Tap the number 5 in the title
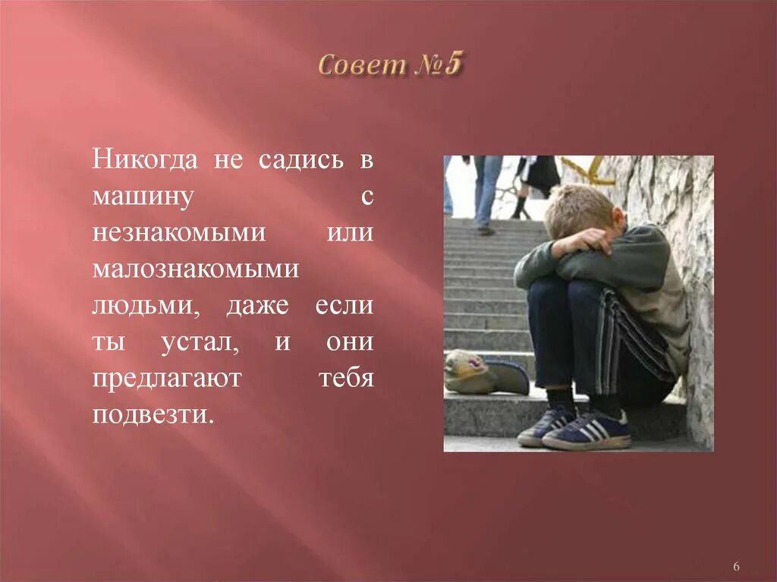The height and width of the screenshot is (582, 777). pyautogui.click(x=452, y=64)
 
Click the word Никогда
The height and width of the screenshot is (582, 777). pyautogui.click(x=145, y=161)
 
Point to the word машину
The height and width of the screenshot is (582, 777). pyautogui.click(x=140, y=197)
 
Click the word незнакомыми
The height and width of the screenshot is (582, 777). pyautogui.click(x=179, y=233)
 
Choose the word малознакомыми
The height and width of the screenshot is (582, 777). pyautogui.click(x=194, y=269)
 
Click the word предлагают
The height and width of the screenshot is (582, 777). pyautogui.click(x=166, y=378)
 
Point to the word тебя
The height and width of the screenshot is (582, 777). pyautogui.click(x=346, y=378)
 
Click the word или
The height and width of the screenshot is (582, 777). pyautogui.click(x=350, y=233)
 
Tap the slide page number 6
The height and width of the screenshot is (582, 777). pyautogui.click(x=737, y=567)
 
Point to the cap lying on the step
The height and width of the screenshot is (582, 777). pyautogui.click(x=486, y=373)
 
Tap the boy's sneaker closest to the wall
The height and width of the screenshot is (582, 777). pyautogui.click(x=588, y=430)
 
